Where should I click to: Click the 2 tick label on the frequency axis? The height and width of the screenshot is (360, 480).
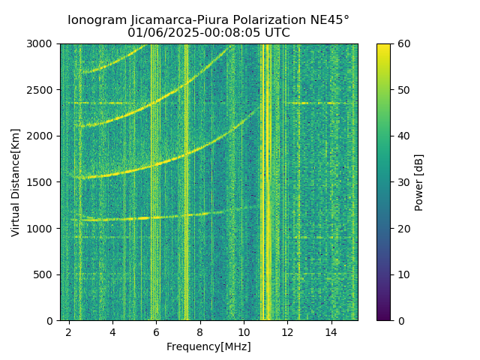[69, 331]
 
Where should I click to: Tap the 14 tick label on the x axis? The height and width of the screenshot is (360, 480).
[331, 331]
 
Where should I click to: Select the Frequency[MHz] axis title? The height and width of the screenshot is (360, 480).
[208, 346]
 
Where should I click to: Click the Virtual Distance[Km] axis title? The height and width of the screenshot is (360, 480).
[16, 182]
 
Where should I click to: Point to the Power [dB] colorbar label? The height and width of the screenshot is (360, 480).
[419, 182]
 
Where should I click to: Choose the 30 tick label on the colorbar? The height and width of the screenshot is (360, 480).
[402, 182]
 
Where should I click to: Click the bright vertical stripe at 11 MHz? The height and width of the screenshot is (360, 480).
[265, 180]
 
